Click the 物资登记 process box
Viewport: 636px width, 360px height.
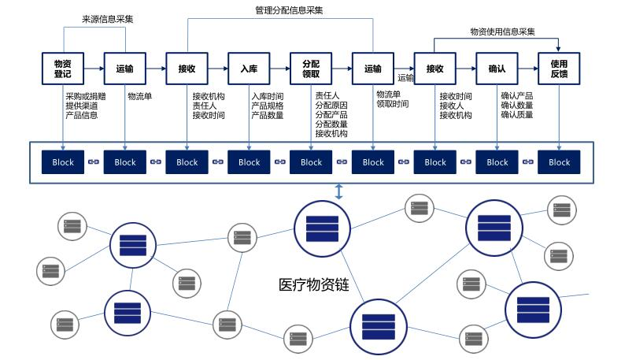(x=62, y=69)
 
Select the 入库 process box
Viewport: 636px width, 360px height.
(x=249, y=69)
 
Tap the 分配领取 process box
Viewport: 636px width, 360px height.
(x=311, y=69)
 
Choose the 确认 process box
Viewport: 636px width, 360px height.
(x=497, y=69)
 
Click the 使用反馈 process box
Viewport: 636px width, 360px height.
(x=559, y=69)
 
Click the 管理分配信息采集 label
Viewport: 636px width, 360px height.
(x=289, y=10)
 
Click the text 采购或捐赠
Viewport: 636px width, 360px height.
(x=86, y=96)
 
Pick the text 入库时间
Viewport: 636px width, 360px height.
(x=267, y=96)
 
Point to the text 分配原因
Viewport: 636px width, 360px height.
(x=331, y=105)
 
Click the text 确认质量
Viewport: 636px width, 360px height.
(x=516, y=114)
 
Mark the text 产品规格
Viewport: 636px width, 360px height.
(x=267, y=106)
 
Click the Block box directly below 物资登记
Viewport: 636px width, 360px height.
(x=63, y=162)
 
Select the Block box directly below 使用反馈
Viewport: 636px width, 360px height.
(x=559, y=162)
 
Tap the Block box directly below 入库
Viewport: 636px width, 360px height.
(x=249, y=162)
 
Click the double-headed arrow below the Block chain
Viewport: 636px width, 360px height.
(x=339, y=191)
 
